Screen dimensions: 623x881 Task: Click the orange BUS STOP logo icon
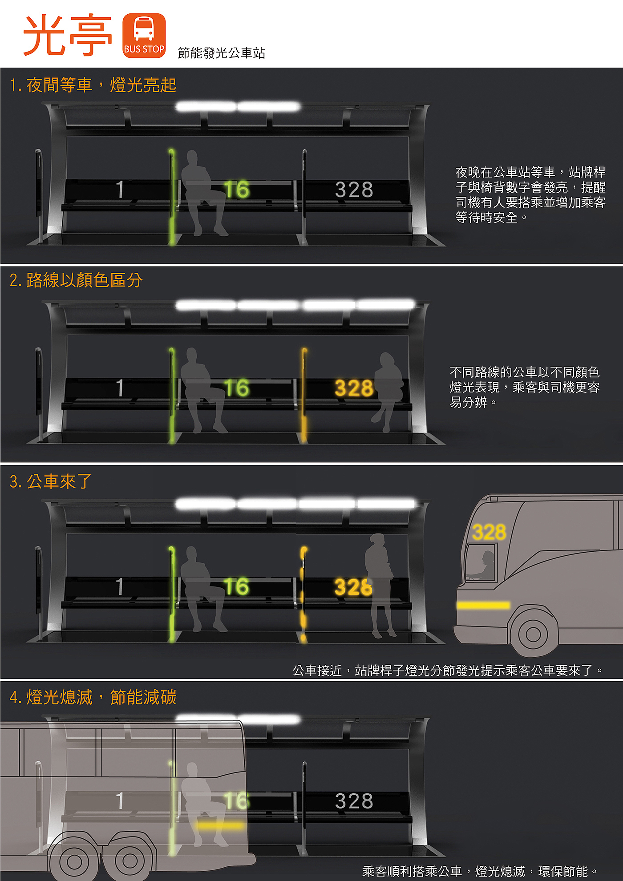click(x=144, y=36)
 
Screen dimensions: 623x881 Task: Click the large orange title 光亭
click(x=68, y=36)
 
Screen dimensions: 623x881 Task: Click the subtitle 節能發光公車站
click(x=221, y=53)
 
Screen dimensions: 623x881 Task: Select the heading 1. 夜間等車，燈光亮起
click(x=93, y=85)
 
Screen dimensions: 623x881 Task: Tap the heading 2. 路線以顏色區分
click(x=76, y=280)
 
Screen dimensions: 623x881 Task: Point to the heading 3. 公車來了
click(x=50, y=481)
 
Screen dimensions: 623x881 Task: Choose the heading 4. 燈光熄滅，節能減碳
click(x=93, y=697)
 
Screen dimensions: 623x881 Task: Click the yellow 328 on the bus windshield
click(x=489, y=532)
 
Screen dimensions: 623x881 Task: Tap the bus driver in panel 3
click(x=485, y=565)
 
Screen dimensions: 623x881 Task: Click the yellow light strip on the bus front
click(x=483, y=605)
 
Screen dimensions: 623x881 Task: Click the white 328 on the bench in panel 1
click(x=354, y=190)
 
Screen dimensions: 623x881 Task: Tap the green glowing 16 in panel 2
click(x=236, y=388)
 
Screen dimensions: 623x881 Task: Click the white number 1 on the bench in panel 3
click(x=120, y=586)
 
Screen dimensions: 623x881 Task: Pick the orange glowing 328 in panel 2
click(x=354, y=388)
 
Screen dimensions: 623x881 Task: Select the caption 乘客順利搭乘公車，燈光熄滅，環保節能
click(x=481, y=871)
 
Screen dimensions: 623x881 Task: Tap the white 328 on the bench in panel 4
click(x=354, y=801)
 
